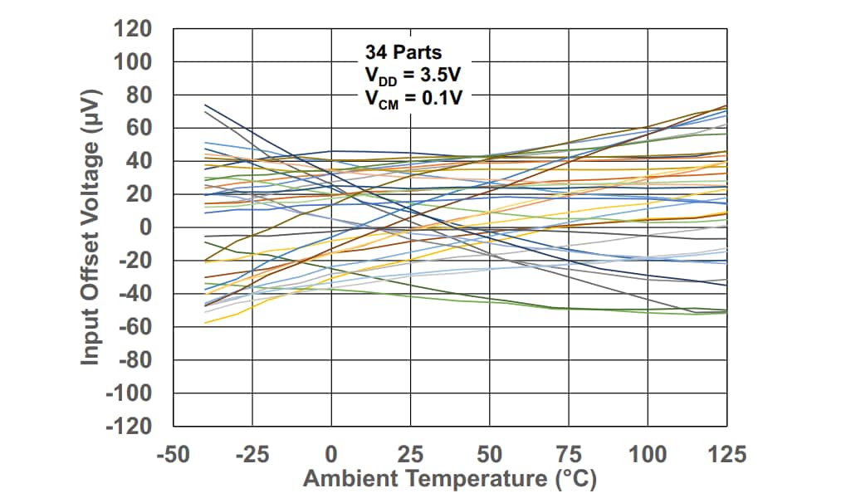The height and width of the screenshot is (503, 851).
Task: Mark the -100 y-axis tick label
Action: coord(128,393)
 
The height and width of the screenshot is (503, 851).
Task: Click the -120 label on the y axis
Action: coord(128,426)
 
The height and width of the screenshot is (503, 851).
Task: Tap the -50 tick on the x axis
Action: coord(173,454)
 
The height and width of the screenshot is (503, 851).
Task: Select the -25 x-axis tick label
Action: coord(252,454)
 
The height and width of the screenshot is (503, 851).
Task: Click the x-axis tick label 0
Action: coord(331,454)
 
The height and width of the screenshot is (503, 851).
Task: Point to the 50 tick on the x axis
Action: coord(490,454)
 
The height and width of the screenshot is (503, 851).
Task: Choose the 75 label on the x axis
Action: coord(569,454)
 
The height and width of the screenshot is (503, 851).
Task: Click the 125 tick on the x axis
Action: coord(727,454)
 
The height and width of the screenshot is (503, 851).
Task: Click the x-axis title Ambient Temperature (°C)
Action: coord(449,480)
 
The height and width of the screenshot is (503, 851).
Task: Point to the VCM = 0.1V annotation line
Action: coord(413,97)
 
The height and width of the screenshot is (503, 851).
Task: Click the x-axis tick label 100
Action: coord(648,454)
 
